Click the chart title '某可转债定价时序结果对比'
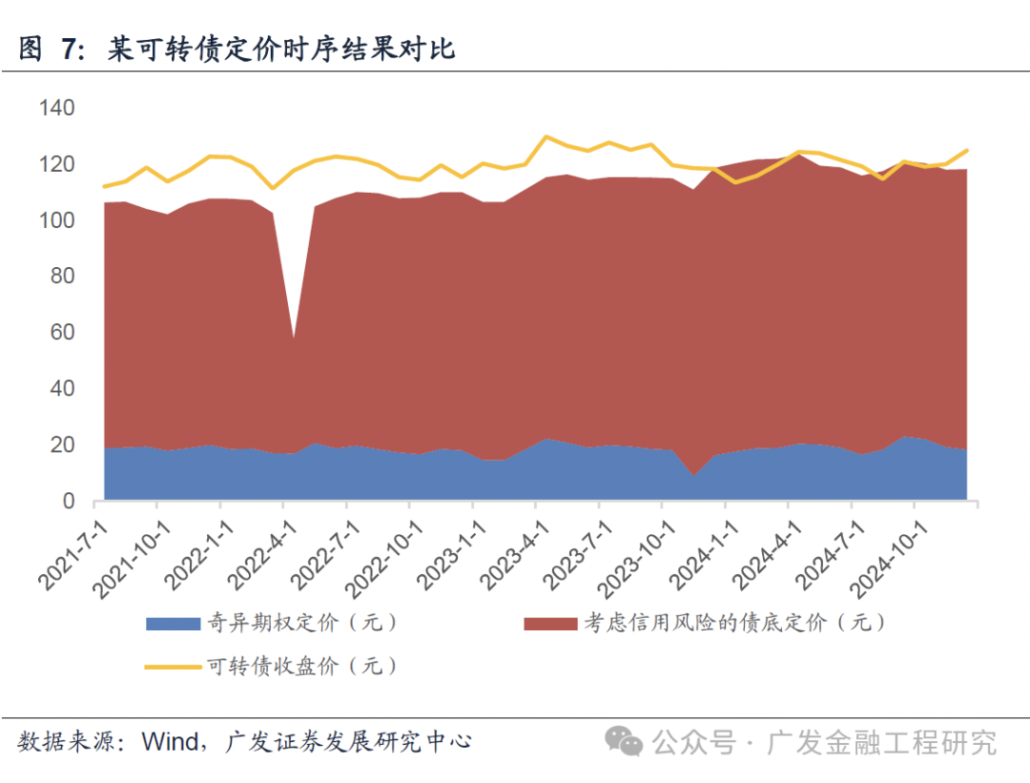click(282, 50)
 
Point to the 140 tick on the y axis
click(56, 109)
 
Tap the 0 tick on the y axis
click(69, 501)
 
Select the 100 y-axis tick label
click(56, 221)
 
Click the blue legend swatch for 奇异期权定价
click(172, 624)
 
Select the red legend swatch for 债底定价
click(550, 624)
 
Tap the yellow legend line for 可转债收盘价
click(172, 666)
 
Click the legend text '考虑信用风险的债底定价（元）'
click(734, 624)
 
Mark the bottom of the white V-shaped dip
click(293, 336)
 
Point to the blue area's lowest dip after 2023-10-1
click(693, 475)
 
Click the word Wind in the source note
click(170, 741)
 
